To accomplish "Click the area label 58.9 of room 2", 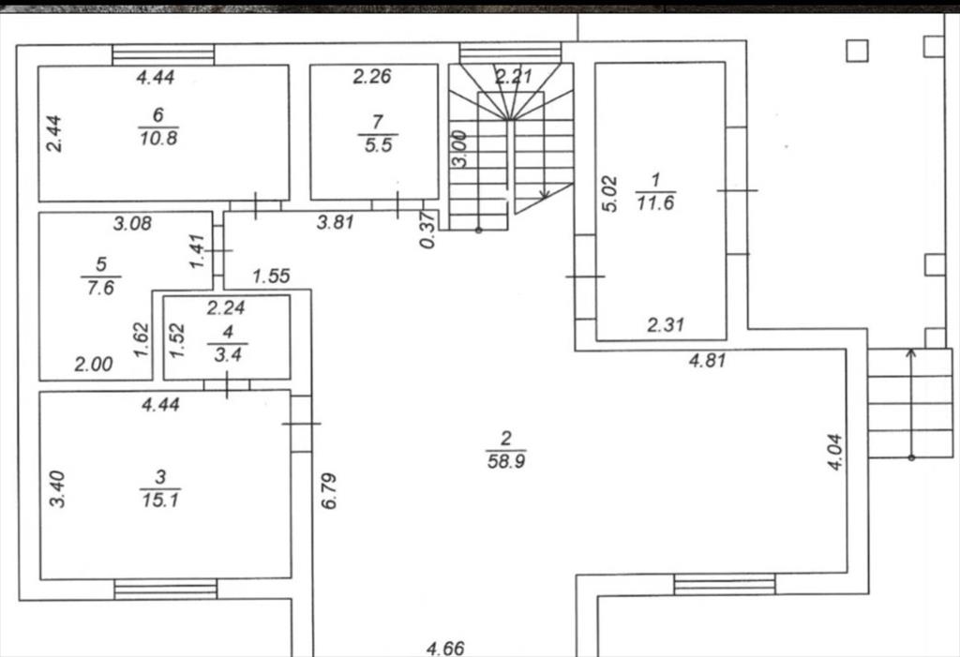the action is coord(505,460).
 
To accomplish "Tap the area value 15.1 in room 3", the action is coord(159,500).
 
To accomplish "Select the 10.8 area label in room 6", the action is coord(157,138).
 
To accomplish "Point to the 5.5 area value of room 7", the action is coord(378,145).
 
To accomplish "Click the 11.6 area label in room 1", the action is coord(655,202).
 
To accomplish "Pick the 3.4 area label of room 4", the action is coord(227,354).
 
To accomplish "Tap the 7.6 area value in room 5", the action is coord(100,287).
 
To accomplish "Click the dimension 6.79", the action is coord(329,490).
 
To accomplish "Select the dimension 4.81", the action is coord(707,360).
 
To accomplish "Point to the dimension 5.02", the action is coord(609,193).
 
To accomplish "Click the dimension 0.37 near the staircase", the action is coord(427,230).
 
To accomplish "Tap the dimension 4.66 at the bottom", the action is coord(445,648).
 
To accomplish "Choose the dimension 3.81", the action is coord(336,221).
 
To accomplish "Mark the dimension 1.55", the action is coord(271,276).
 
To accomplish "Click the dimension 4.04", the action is coord(835,452).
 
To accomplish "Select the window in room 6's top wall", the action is coord(163,54).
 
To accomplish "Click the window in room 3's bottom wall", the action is coord(165,590).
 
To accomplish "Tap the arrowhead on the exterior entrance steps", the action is coord(911,352).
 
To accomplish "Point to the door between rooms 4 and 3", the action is coord(227,385).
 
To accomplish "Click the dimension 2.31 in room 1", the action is coord(666,324).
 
